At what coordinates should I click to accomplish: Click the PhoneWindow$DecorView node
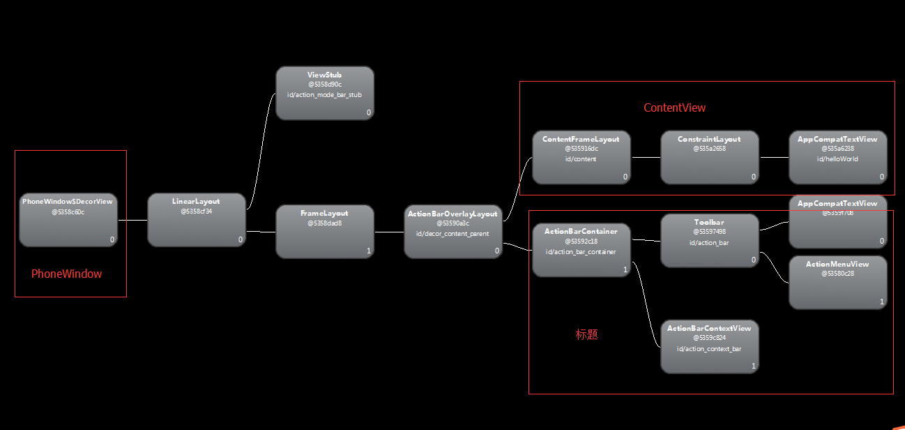68,220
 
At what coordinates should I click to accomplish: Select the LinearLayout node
196,220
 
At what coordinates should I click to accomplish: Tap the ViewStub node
324,93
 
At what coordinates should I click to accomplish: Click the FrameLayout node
324,232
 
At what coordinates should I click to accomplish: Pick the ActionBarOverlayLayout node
452,232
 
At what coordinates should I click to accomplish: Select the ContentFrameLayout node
581,157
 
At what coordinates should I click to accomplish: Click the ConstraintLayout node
709,157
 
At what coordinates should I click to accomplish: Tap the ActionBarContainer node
581,250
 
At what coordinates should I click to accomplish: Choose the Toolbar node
709,240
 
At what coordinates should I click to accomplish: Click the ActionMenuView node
837,282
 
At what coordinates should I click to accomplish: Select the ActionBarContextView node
709,346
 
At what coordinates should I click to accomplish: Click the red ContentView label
674,107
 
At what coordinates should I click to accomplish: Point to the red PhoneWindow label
66,274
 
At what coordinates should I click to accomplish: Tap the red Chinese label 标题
586,334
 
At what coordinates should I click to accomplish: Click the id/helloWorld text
837,159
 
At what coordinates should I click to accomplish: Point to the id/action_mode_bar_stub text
324,94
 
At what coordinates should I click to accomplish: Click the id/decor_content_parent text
452,234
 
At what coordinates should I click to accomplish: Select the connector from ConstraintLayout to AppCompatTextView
773,157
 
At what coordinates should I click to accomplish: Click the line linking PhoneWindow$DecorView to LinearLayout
132,220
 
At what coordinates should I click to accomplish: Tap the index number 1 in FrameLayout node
368,251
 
